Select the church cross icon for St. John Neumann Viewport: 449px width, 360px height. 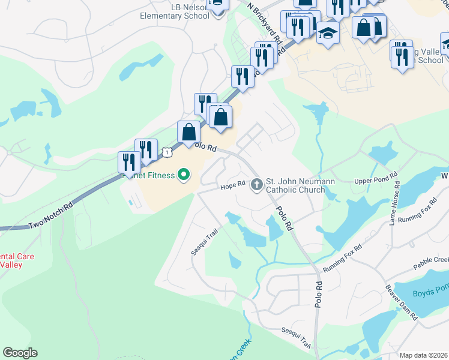coord(257,184)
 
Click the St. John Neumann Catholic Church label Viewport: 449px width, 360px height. coord(300,185)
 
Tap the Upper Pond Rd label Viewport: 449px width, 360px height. coord(376,179)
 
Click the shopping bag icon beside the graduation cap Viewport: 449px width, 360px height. coord(364,28)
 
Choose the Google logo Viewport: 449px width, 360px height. coord(20,353)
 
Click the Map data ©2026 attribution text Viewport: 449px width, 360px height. coord(424,355)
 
